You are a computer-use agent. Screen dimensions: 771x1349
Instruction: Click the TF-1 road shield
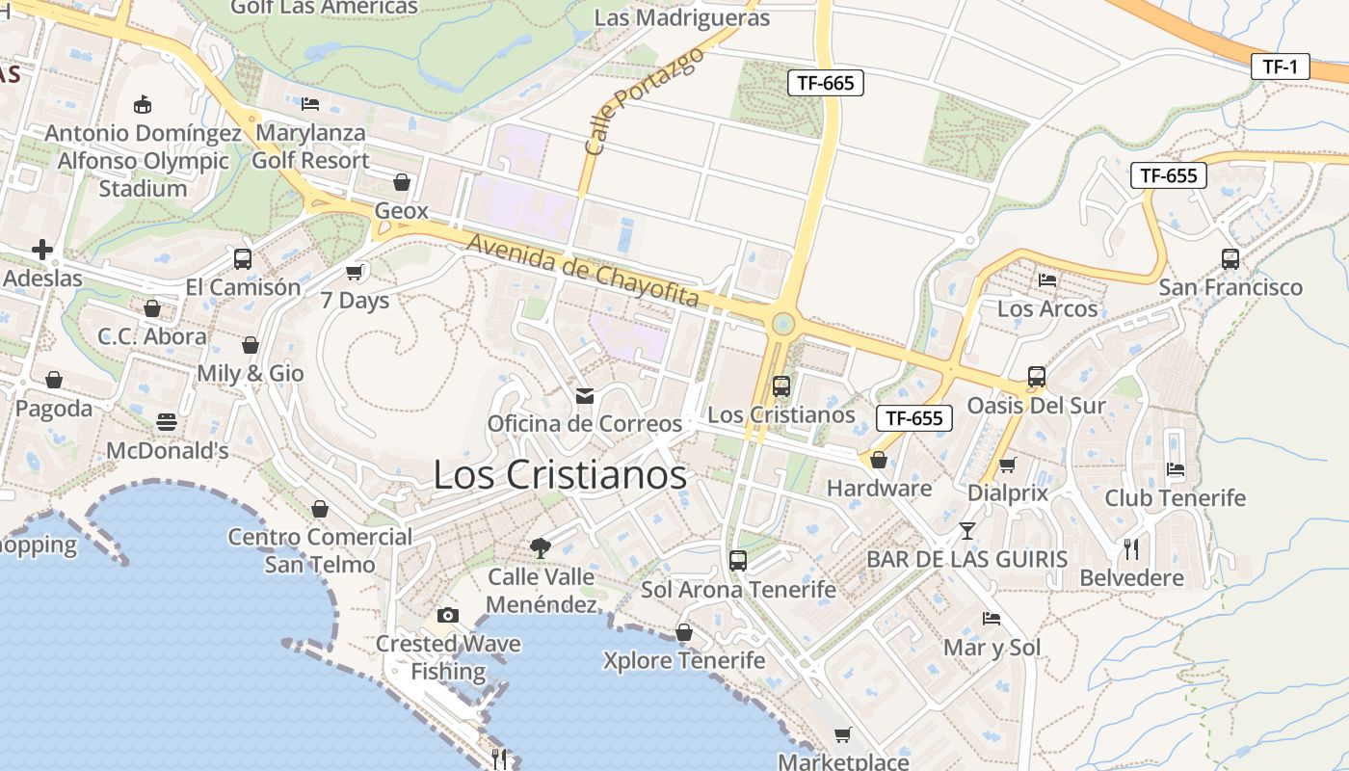pos(1280,66)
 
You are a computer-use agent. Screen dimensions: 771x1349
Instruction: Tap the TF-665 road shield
pos(826,83)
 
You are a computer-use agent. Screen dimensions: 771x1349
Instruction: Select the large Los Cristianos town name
pos(560,474)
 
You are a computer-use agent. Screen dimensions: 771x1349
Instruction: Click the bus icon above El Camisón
pos(243,258)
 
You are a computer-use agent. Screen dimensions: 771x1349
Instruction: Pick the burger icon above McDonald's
pos(167,422)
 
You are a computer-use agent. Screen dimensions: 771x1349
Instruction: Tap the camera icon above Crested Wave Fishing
pos(448,615)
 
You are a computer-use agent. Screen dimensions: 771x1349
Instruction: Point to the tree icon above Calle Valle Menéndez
pos(541,547)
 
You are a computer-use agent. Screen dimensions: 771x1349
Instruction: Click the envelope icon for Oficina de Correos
pos(584,395)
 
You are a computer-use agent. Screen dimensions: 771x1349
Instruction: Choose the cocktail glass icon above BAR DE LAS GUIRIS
pos(967,530)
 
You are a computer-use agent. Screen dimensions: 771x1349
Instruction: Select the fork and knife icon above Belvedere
pos(1131,549)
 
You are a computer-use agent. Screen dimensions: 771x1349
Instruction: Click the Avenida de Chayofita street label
pos(582,269)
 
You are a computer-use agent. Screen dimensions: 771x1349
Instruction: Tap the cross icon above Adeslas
pos(42,251)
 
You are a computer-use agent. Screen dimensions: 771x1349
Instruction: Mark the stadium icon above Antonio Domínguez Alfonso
pos(143,104)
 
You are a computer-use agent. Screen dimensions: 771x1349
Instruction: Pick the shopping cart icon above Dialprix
pos(1007,465)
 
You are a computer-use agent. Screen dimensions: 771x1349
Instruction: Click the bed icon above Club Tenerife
pos(1175,469)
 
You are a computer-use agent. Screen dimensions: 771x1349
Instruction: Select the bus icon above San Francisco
pos(1230,258)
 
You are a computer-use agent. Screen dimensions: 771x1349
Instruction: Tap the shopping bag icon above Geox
pos(402,182)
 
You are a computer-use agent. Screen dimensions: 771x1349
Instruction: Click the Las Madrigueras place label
pos(681,17)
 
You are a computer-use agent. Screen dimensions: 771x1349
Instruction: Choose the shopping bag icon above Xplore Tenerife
pos(683,632)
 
